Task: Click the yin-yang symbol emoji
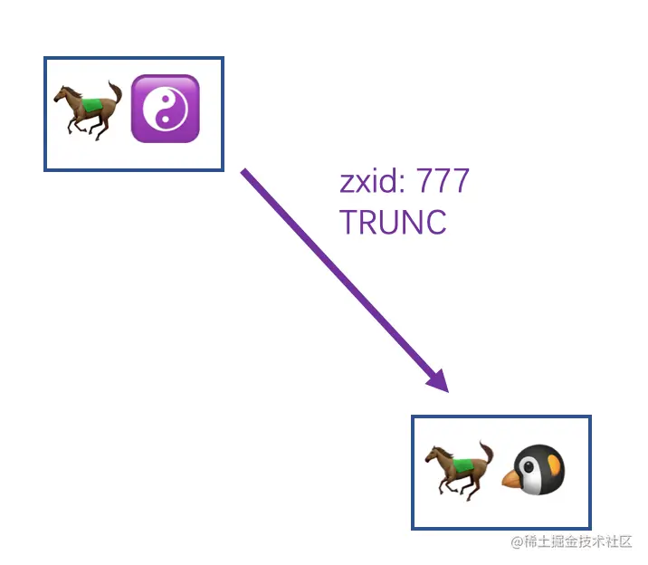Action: coord(165,109)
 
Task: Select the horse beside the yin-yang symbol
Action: coord(87,109)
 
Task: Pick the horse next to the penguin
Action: coord(460,469)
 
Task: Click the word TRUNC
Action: coord(393,222)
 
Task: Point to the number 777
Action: coord(443,182)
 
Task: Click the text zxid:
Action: coord(371,182)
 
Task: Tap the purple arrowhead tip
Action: coord(446,390)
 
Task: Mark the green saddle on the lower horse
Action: coord(462,465)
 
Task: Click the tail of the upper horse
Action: coord(115,92)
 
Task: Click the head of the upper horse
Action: coord(61,95)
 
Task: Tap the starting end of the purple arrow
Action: coord(243,170)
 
